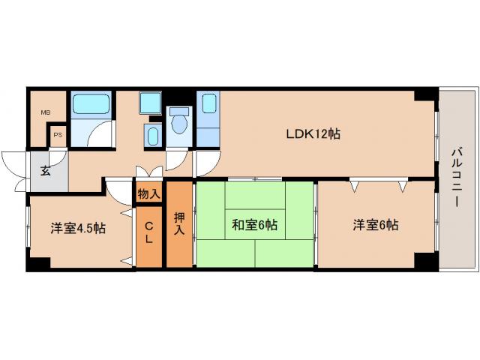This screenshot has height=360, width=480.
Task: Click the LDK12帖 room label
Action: (313, 135)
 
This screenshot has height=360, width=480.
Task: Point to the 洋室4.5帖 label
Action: (78, 228)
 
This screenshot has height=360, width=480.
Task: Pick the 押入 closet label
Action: (178, 224)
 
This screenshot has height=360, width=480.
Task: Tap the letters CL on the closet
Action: (148, 233)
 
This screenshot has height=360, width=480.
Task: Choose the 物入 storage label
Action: (148, 193)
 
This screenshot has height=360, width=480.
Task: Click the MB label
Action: (46, 112)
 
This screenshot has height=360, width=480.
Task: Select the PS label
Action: (58, 136)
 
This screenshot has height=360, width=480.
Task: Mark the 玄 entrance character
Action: (46, 170)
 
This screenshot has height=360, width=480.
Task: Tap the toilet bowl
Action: (179, 122)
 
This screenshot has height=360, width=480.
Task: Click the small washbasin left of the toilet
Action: (153, 136)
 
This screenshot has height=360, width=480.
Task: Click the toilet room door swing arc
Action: (177, 158)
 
